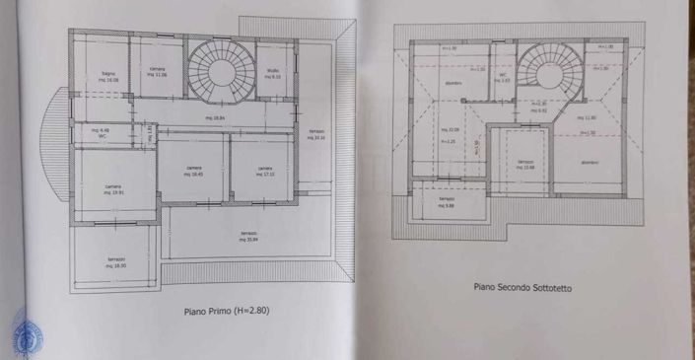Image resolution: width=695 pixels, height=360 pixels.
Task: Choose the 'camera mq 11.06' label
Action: [158, 72]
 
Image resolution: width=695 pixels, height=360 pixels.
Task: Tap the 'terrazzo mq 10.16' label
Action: [315, 135]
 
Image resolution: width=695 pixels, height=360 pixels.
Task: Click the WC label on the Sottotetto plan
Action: [504, 76]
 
